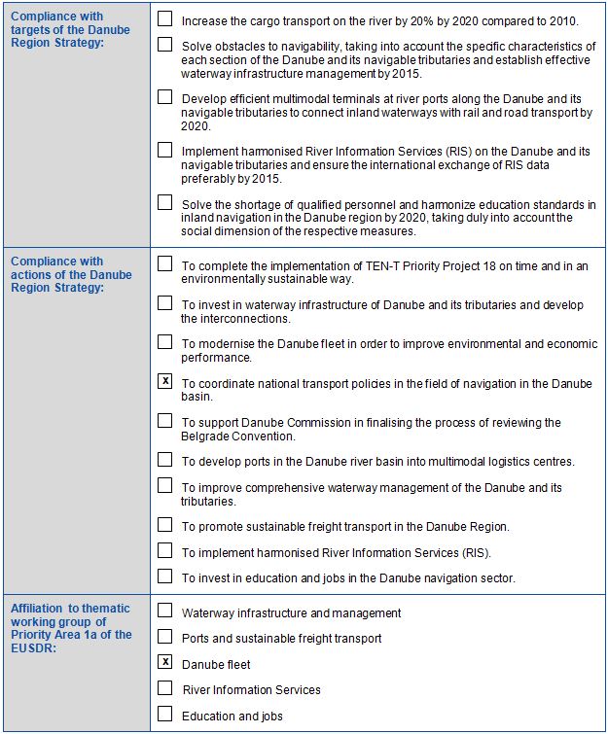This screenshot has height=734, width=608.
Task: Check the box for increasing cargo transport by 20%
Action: pos(165,18)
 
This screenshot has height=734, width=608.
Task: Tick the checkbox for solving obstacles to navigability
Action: pos(165,45)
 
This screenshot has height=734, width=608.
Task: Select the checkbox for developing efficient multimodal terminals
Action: pos(165,97)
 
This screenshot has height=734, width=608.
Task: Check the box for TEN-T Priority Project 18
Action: pos(165,263)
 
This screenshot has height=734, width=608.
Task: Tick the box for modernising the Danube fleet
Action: pos(165,342)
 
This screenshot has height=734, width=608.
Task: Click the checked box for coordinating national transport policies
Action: pos(165,382)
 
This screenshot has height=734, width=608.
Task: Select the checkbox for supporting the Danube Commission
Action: pos(165,421)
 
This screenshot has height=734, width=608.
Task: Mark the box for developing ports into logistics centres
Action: pos(165,460)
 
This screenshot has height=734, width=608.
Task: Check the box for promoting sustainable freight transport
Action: pos(165,525)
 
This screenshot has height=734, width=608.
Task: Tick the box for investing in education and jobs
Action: pos(165,577)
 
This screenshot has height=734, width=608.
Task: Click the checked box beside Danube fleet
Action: pos(165,663)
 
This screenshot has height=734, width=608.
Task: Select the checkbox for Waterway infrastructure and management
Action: pos(165,612)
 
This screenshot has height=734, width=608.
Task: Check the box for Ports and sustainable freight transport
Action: pos(165,638)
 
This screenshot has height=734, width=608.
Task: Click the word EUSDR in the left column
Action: pos(31,648)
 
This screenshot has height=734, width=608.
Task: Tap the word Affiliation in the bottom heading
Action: pos(36,609)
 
